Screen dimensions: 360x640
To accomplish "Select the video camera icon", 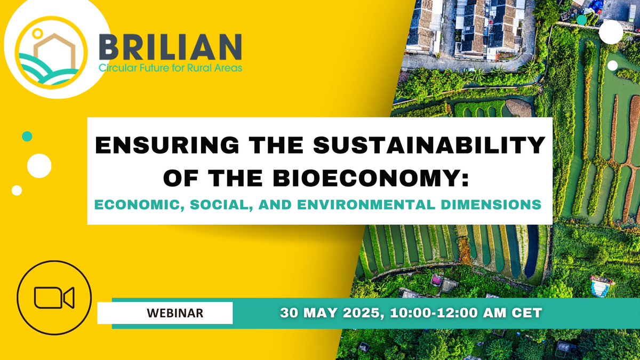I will pyautogui.click(x=54, y=297).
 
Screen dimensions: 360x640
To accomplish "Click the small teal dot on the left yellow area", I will pyautogui.click(x=27, y=137).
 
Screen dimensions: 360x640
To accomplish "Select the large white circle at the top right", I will pyautogui.click(x=611, y=32).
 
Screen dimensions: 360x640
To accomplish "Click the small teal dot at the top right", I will pyautogui.click(x=582, y=19).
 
